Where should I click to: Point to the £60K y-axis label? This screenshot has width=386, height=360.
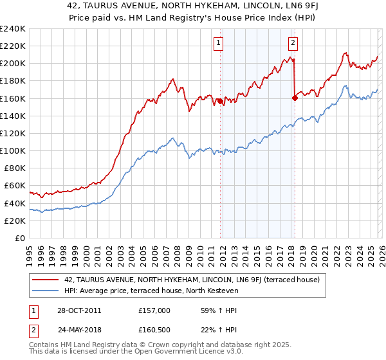point(15,186)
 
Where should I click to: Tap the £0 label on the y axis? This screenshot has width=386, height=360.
point(19,238)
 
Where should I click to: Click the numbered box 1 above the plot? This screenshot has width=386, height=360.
point(219,43)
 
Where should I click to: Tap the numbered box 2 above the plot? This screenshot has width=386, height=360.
point(293,43)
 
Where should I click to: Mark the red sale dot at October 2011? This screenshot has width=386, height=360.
point(219,101)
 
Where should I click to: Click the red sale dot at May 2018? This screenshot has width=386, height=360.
point(295,98)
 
